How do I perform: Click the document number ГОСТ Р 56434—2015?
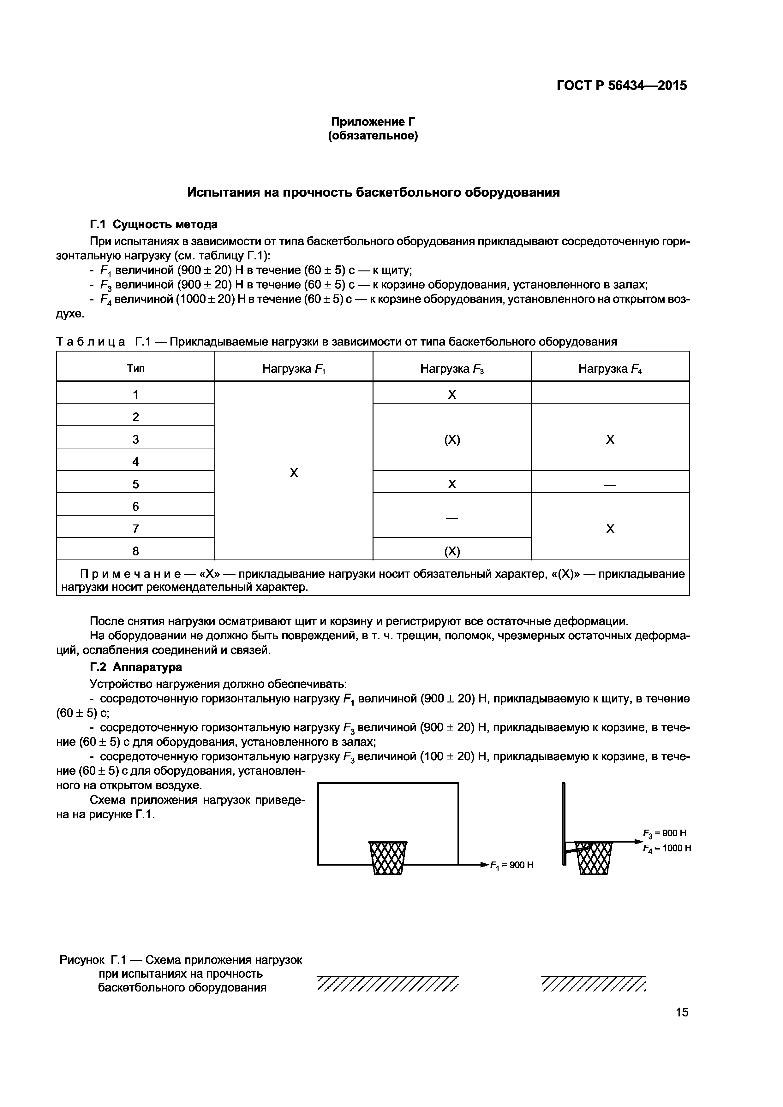point(621,86)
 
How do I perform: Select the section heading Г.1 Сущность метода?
point(153,224)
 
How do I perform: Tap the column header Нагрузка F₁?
point(293,369)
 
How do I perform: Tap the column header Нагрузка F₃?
point(451,369)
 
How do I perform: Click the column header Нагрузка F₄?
point(610,369)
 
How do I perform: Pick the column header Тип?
point(135,369)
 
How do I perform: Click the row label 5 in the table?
point(135,484)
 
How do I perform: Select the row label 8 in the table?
point(135,551)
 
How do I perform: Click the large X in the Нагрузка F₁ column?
point(293,473)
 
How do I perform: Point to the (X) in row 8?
point(451,551)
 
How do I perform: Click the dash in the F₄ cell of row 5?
point(610,484)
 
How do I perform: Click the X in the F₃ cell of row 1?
point(451,395)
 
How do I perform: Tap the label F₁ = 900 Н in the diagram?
point(511,866)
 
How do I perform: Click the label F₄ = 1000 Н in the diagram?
point(667,849)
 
